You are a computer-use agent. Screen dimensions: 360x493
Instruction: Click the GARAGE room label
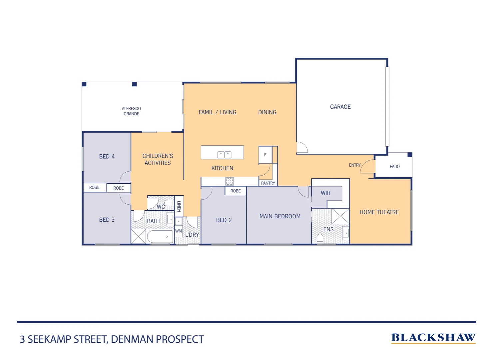tap(340, 107)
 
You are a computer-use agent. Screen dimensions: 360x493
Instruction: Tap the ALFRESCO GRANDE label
tap(131, 111)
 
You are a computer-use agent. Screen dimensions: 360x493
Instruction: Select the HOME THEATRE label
tap(379, 212)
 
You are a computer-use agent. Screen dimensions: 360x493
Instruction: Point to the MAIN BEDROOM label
tap(280, 216)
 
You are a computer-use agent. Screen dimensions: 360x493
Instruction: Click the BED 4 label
tap(107, 156)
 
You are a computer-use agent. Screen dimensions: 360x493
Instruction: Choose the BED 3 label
tap(107, 220)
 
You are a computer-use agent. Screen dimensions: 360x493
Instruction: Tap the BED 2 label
tap(224, 220)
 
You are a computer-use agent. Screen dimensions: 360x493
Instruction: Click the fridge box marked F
tap(265, 155)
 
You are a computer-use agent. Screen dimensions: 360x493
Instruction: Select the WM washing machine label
tap(179, 231)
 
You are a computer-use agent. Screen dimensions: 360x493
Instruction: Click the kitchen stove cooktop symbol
tap(230, 181)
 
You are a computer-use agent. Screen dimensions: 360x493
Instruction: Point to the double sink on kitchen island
tap(224, 155)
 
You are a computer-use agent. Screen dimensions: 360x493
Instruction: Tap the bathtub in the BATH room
tap(160, 237)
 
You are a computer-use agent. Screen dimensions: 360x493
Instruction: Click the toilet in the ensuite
tap(320, 238)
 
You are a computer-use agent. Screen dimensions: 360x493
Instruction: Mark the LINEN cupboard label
tap(179, 206)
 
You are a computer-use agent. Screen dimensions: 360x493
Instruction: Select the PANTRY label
tap(268, 183)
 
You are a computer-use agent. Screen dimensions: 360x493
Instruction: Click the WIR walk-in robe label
tap(325, 193)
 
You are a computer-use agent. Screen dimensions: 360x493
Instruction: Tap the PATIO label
tap(394, 166)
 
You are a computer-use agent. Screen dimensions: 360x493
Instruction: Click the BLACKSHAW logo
tap(433, 338)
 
